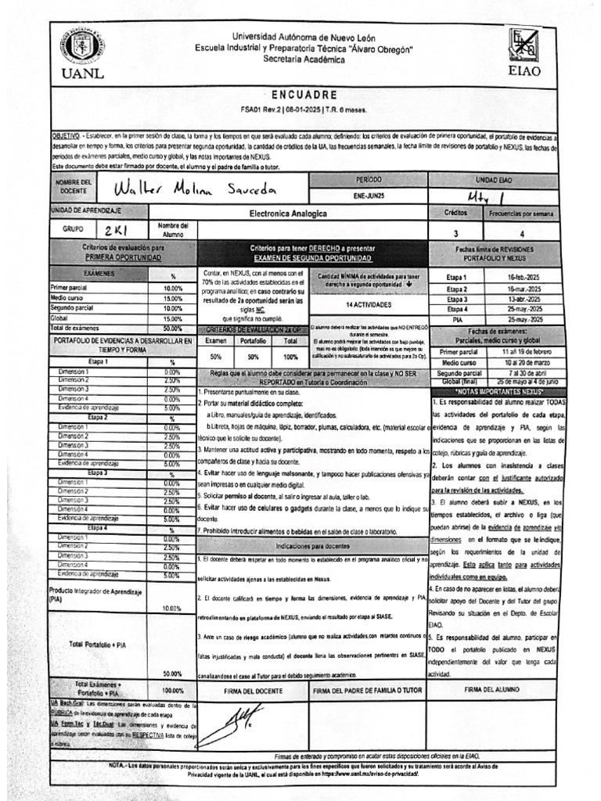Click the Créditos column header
455,213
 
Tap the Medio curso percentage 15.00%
172,298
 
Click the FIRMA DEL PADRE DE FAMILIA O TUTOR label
368,691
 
